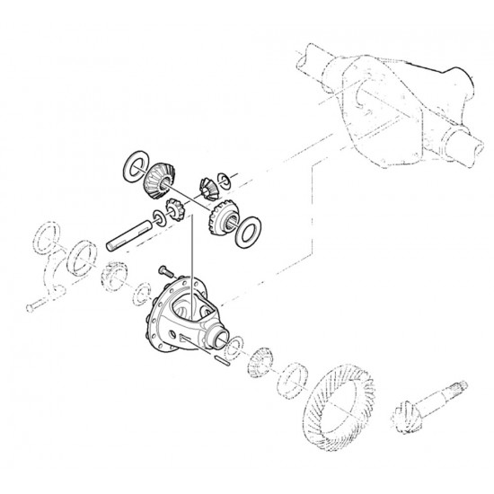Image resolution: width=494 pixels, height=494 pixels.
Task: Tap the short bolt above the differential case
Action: click(165, 270)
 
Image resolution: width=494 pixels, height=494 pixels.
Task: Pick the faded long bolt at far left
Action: click(36, 308)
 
